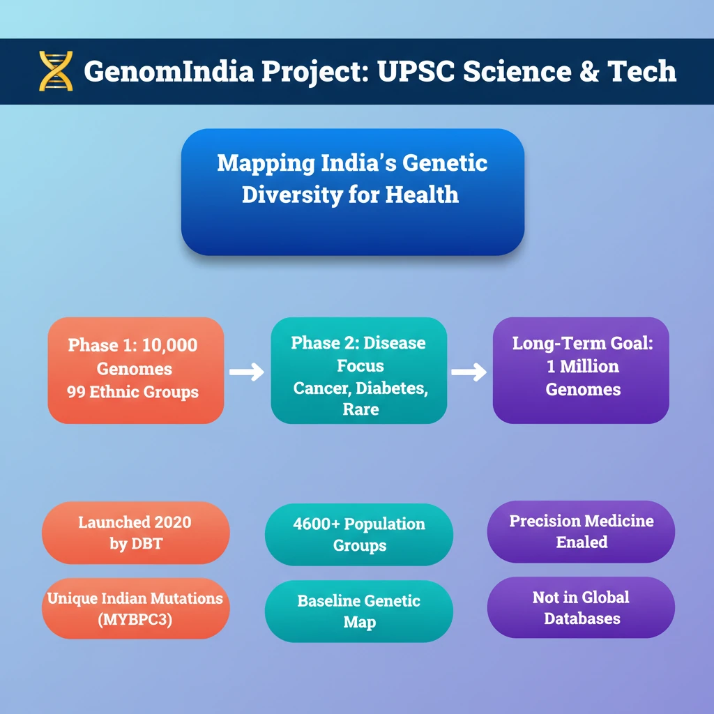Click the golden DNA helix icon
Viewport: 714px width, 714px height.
pyautogui.click(x=56, y=71)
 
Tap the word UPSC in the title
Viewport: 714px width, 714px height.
pyautogui.click(x=416, y=71)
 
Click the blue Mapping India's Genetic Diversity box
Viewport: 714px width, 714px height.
pyautogui.click(x=352, y=192)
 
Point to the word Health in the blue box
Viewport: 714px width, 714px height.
pyautogui.click(x=422, y=195)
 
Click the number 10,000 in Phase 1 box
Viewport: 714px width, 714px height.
pyautogui.click(x=169, y=345)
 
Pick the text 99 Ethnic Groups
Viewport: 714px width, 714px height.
pyautogui.click(x=132, y=392)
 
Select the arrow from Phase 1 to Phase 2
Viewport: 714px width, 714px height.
pyautogui.click(x=246, y=372)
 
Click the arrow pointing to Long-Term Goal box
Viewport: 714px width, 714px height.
pyautogui.click(x=469, y=372)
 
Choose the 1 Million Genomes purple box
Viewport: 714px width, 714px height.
pyautogui.click(x=581, y=370)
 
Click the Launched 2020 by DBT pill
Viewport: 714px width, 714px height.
pyautogui.click(x=136, y=533)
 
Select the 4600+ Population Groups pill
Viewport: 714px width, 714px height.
pyautogui.click(x=359, y=535)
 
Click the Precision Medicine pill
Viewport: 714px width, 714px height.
pyautogui.click(x=581, y=531)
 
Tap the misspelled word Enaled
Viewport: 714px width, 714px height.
pyautogui.click(x=582, y=542)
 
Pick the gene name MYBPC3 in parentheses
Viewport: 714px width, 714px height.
pyautogui.click(x=135, y=619)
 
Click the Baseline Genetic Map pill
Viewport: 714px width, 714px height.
pyautogui.click(x=359, y=611)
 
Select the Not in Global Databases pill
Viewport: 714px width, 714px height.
pyautogui.click(x=581, y=607)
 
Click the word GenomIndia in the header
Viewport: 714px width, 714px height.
pyautogui.click(x=169, y=71)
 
